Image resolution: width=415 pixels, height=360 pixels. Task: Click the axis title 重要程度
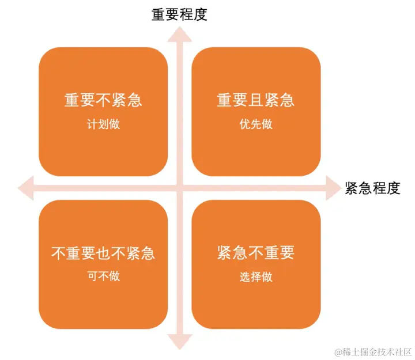[x=179, y=14]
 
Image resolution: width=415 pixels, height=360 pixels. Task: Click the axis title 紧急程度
[x=372, y=188]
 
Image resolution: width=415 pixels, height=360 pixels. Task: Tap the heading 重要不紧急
[x=103, y=100]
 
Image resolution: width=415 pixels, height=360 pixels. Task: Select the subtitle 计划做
[x=103, y=124]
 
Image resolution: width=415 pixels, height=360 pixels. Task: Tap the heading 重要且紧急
[x=255, y=100]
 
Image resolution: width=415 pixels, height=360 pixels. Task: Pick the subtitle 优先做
[x=255, y=124]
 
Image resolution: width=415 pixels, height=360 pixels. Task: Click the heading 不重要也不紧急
[x=103, y=253]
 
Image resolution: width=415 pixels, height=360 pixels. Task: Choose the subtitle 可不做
[x=103, y=276]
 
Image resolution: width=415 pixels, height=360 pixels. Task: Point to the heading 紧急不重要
[x=255, y=253]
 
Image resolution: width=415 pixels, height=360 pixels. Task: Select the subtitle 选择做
[x=255, y=276]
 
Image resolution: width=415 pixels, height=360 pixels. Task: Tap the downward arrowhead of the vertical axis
[x=179, y=342]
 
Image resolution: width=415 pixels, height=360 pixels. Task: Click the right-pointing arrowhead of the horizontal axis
[x=334, y=188]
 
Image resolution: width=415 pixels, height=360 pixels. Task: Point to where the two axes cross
[x=179, y=188]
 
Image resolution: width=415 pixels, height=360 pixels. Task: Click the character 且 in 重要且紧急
[x=255, y=100]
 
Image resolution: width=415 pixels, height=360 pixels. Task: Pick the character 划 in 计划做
[x=103, y=124]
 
